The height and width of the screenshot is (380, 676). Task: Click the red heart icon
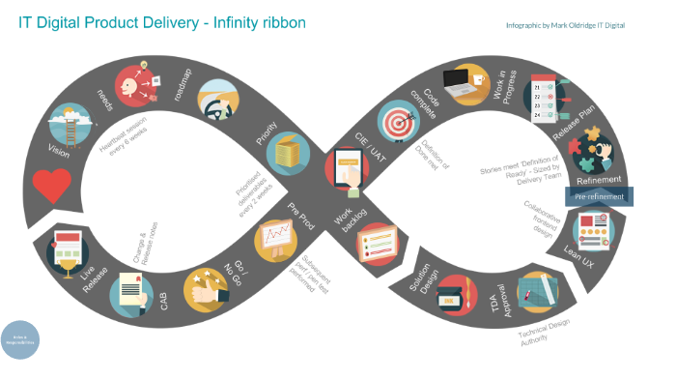pos(51,183)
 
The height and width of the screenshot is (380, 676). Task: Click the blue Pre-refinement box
pos(599,196)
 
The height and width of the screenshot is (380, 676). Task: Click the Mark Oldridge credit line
pos(565,24)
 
